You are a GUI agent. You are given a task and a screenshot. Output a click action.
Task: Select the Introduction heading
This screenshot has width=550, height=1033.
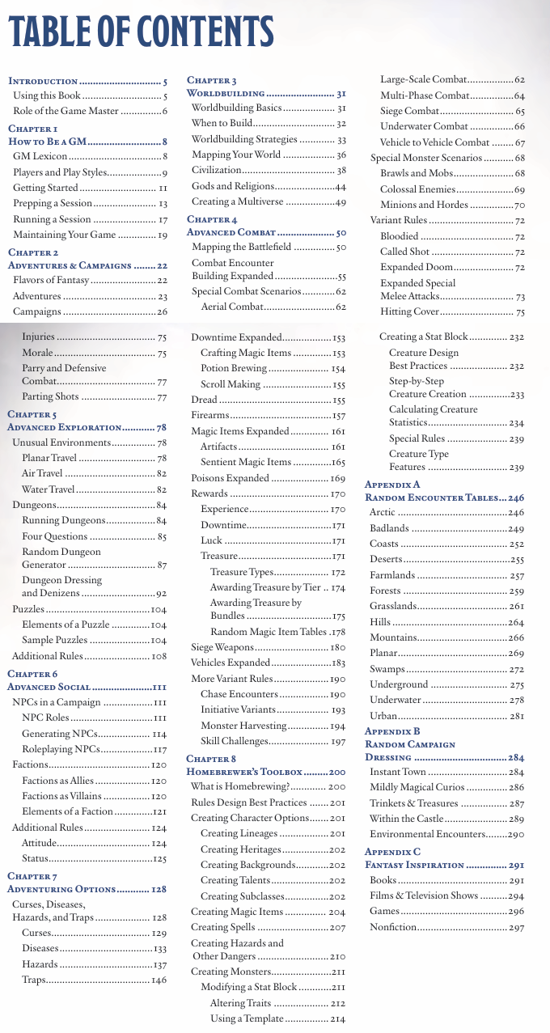click(x=43, y=82)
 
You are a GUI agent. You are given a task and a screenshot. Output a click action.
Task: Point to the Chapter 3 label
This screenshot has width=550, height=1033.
click(x=212, y=80)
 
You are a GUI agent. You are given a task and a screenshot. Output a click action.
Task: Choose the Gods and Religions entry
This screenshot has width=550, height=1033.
click(x=229, y=186)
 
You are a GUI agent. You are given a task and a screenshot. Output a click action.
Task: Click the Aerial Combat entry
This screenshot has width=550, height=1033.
click(x=232, y=307)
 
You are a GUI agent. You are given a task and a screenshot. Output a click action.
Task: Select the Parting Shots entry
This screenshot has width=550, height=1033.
click(x=50, y=396)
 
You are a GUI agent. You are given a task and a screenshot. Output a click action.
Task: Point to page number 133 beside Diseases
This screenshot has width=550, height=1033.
click(x=159, y=948)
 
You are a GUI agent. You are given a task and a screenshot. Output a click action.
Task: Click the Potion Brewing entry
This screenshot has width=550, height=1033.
click(x=234, y=368)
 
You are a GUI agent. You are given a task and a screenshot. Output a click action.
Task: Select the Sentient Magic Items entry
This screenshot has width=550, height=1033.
click(x=246, y=462)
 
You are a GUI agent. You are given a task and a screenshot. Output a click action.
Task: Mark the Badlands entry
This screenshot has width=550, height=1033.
click(x=389, y=529)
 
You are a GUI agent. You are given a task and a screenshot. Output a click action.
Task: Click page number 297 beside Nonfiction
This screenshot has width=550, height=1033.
click(x=516, y=927)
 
